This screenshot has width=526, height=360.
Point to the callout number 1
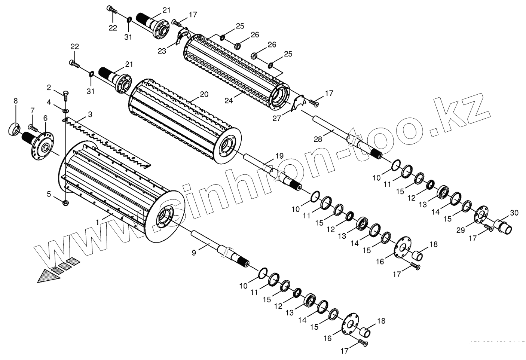click(x=97, y=222)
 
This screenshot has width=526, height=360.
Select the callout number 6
click(x=45, y=118)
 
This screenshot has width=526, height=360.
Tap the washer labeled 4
click(x=65, y=111)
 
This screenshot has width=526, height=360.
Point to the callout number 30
click(x=514, y=213)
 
